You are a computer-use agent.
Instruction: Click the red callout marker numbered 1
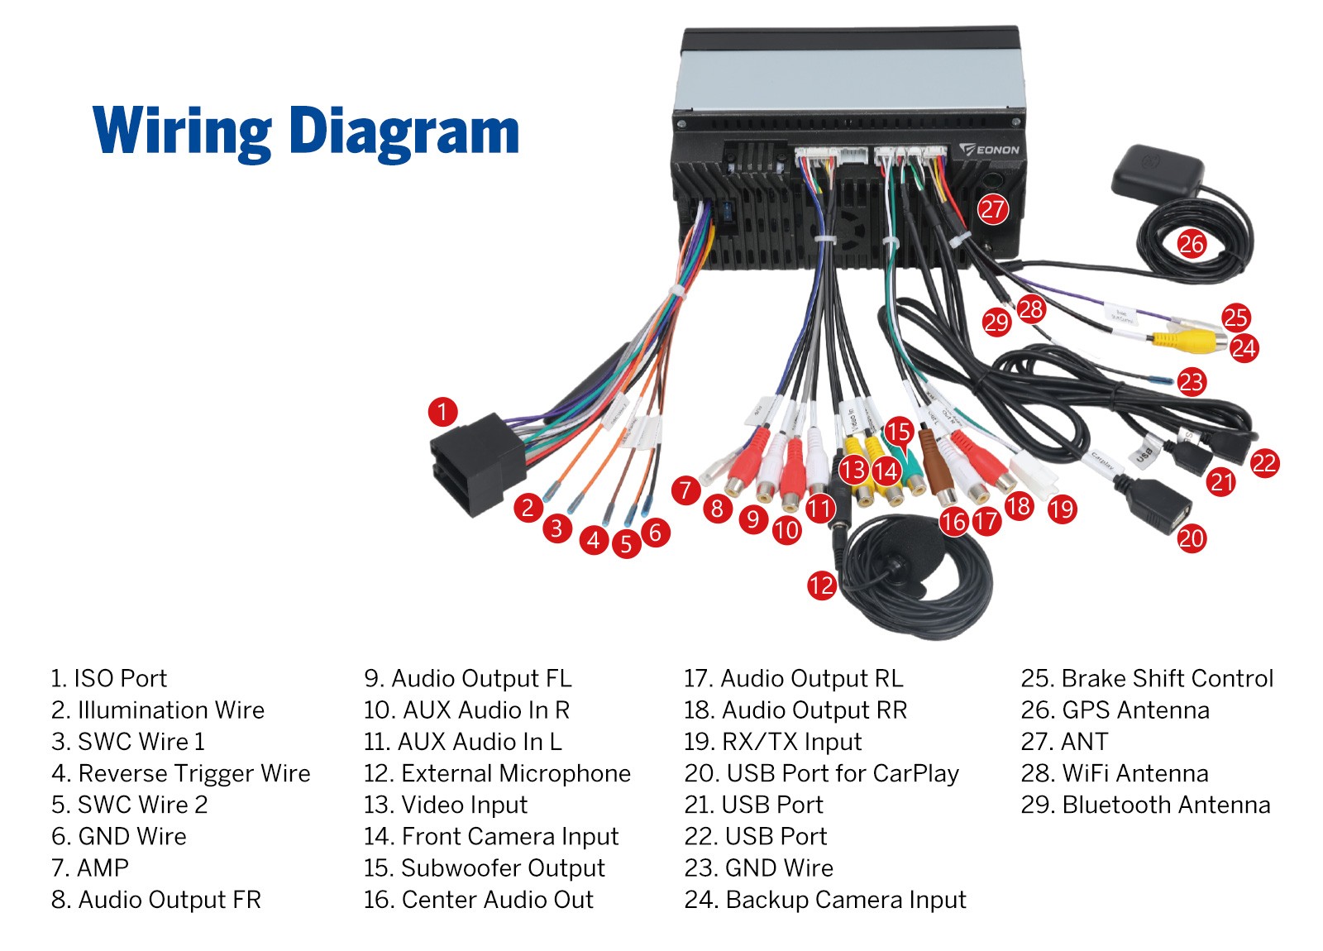point(442,411)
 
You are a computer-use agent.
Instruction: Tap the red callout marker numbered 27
point(992,209)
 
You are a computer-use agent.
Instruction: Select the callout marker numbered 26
point(1192,244)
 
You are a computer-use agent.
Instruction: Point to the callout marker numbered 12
point(821,585)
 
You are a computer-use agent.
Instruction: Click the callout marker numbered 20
point(1191,538)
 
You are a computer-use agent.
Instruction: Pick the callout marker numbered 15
point(898,431)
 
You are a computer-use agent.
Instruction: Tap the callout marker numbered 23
point(1191,381)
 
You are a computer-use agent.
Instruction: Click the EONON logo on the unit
point(991,150)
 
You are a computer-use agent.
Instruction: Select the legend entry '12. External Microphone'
point(497,773)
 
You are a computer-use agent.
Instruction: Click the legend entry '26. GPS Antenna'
point(1115,710)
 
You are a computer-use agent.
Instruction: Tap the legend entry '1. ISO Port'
point(108,678)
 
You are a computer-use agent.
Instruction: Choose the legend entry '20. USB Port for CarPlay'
point(821,773)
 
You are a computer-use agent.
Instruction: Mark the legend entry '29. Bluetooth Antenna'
point(1145,805)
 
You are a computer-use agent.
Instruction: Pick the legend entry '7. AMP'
point(90,867)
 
